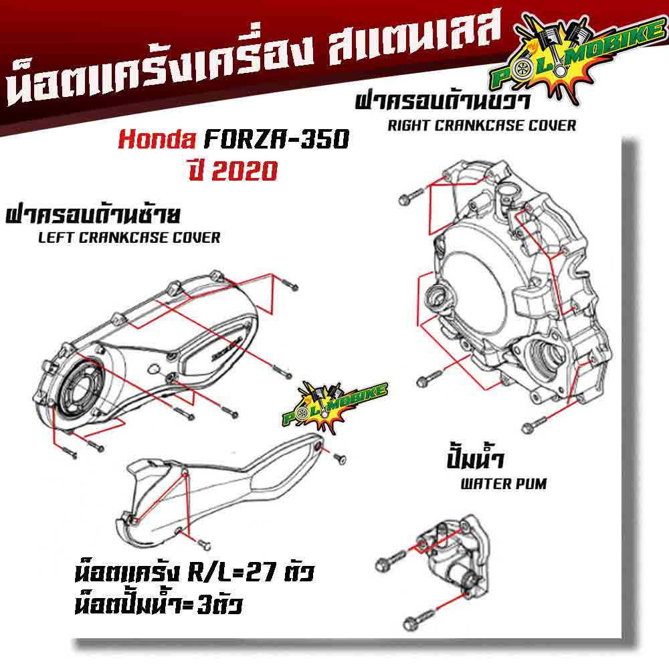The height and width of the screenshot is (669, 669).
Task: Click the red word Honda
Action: [x=157, y=139]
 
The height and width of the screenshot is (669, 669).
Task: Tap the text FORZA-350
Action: [x=277, y=139]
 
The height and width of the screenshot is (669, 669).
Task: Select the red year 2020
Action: [x=244, y=171]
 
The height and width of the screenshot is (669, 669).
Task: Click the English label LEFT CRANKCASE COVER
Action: [x=129, y=237]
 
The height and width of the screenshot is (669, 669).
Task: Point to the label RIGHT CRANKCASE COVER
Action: [x=482, y=126]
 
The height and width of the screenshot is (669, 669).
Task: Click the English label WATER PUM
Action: [x=504, y=484]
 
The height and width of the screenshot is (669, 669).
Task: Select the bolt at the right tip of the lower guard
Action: [x=339, y=459]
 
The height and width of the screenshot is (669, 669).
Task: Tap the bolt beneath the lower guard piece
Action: [x=203, y=544]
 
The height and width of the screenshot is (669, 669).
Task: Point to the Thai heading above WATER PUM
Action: [x=475, y=460]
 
